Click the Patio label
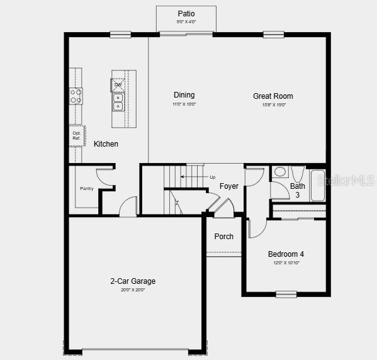point(186,13)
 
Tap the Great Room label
point(273,96)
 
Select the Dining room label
point(184,95)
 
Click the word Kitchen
point(106,144)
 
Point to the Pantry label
point(86,188)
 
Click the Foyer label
point(228,186)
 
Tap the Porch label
point(223,237)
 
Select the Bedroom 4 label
point(286,254)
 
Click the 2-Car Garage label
point(132,281)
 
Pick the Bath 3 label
point(298,191)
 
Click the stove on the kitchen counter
point(76,96)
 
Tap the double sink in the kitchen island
point(118,101)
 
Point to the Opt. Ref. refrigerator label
point(76,135)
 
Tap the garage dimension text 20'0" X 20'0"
point(132,290)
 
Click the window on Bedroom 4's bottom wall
point(286,294)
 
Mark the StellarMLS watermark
point(346,181)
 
